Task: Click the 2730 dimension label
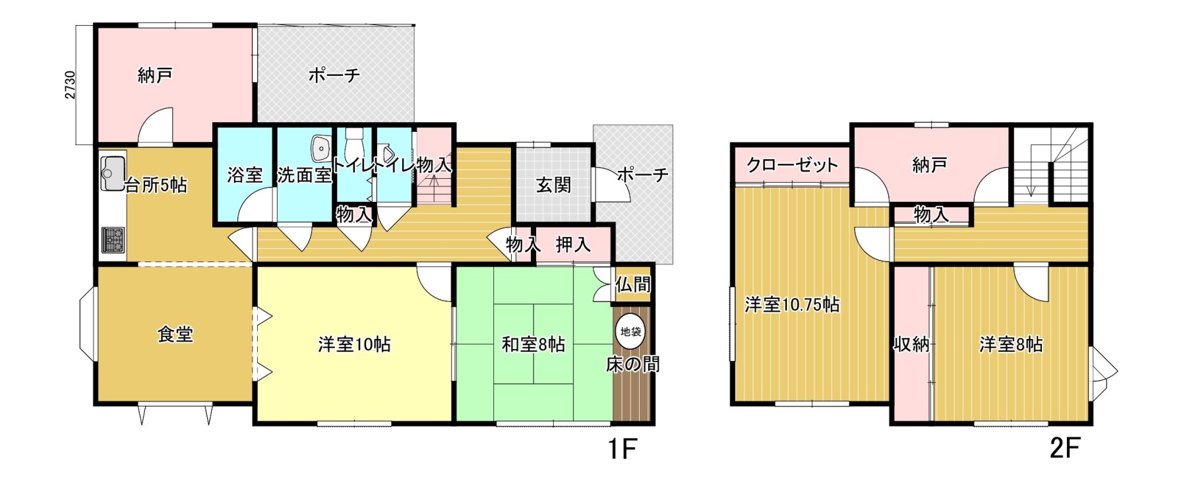tap(70, 84)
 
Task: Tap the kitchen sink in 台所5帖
tap(113, 173)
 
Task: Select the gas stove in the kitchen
tap(112, 242)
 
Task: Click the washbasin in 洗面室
tap(322, 148)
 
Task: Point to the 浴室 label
tap(245, 175)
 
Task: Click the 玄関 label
tap(553, 185)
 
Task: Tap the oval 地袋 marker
tap(631, 331)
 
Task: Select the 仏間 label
tap(633, 284)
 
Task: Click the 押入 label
tap(573, 245)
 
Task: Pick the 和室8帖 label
tap(533, 344)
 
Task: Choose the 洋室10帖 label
tap(354, 344)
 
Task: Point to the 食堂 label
tap(175, 335)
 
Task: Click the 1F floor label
tap(621, 449)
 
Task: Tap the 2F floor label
tap(1064, 449)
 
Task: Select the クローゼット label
tap(792, 165)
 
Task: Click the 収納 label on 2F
tap(911, 344)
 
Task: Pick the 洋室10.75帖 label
tap(792, 305)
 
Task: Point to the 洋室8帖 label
tap(1011, 344)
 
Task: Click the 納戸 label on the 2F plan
tap(930, 165)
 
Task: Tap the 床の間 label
tap(633, 364)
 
